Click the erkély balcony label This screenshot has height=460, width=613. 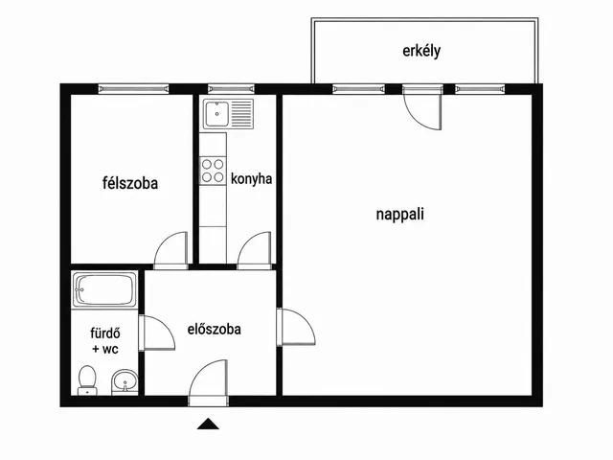[x=421, y=51]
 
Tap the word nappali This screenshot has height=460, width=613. [x=400, y=215]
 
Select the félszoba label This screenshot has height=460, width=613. [x=130, y=183]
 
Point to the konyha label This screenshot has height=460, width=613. [x=251, y=179]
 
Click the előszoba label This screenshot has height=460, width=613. [x=215, y=329]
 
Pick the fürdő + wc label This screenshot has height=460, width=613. [x=105, y=341]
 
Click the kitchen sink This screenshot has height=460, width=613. [x=228, y=114]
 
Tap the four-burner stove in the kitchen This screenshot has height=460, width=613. [x=213, y=171]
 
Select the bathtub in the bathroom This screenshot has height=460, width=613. [x=104, y=289]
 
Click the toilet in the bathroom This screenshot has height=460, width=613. [x=87, y=380]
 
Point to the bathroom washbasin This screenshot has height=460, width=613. [x=125, y=381]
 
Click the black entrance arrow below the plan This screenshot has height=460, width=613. [x=208, y=424]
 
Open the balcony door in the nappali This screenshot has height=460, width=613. [x=423, y=106]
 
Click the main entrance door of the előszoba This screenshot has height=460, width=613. [x=208, y=380]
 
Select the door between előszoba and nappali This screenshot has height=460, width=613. [x=296, y=327]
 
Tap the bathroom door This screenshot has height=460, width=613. [x=157, y=333]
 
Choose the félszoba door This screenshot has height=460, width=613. [x=170, y=250]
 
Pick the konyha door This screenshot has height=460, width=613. [x=255, y=250]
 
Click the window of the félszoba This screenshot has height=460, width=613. [x=134, y=89]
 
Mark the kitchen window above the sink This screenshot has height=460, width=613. [x=231, y=89]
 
